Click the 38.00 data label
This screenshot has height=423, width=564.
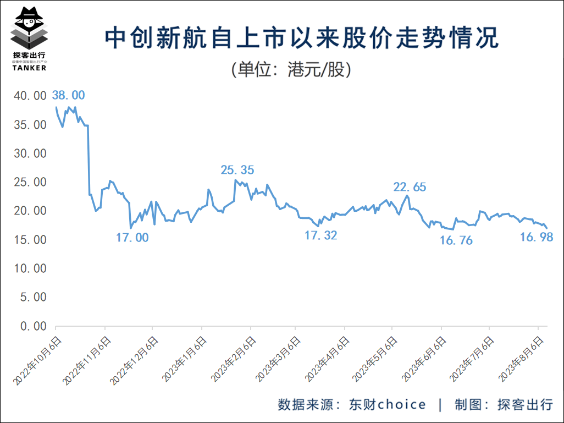pyautogui.click(x=68, y=95)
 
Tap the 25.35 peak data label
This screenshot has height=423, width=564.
pyautogui.click(x=237, y=170)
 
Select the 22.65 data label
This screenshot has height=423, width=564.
pyautogui.click(x=410, y=187)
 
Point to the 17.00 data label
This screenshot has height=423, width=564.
pyautogui.click(x=132, y=238)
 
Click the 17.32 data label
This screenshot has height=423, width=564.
pyautogui.click(x=320, y=235)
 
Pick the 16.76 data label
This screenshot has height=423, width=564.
pyautogui.click(x=456, y=240)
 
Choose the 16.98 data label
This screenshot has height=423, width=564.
pyautogui.click(x=536, y=237)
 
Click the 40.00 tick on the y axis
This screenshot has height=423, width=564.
pyautogui.click(x=30, y=96)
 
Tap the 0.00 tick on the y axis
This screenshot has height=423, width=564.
pyautogui.click(x=33, y=326)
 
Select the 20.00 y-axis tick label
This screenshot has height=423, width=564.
pyautogui.click(x=30, y=211)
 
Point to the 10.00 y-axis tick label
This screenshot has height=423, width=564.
pyautogui.click(x=30, y=269)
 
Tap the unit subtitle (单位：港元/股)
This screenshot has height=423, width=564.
pyautogui.click(x=291, y=70)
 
